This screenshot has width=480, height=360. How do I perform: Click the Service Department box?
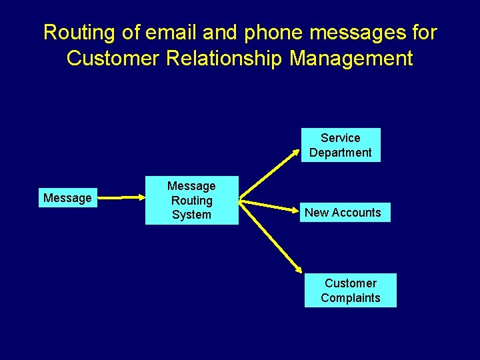340,145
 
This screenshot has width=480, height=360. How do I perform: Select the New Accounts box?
343,213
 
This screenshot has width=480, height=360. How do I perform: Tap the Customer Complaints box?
350,291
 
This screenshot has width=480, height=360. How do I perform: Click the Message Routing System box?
191,200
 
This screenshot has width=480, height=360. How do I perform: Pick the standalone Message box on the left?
67,198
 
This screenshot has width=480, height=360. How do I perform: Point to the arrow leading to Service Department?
269,174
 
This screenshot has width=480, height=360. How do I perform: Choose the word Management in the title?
351,58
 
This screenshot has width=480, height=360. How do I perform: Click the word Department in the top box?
340,153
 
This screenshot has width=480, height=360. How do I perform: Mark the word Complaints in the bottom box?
350,298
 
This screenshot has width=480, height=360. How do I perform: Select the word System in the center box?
191,215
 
